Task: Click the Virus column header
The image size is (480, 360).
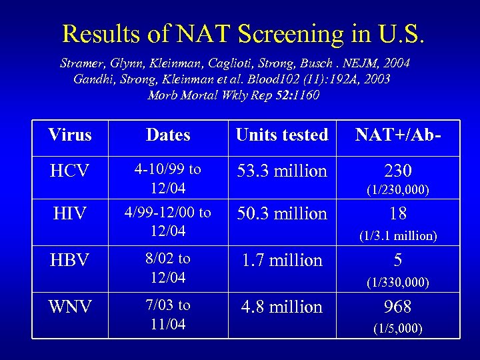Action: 69,135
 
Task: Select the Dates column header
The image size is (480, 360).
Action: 168,135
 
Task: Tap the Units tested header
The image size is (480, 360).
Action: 281,135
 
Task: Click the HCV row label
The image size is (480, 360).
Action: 69,171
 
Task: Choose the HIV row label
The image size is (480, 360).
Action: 69,214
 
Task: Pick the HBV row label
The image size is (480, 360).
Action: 69,260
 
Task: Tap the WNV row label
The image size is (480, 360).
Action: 69,307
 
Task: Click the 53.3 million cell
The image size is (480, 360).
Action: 281,171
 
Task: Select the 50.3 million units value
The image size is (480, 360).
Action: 281,213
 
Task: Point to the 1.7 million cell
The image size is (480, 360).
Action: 281,260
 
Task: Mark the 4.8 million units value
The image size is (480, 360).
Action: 281,307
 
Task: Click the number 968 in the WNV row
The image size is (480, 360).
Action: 397,307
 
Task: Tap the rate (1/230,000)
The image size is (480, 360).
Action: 397,191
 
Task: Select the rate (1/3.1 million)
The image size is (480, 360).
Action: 397,235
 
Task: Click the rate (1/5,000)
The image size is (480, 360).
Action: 397,329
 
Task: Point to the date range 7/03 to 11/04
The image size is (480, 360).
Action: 168,315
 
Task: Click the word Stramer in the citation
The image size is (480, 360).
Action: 81,63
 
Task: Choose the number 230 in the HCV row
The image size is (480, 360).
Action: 397,171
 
